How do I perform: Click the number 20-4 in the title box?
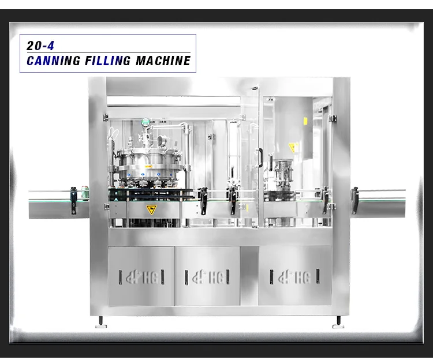(40, 46)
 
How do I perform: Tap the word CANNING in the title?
(54, 61)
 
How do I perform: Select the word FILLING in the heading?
(107, 61)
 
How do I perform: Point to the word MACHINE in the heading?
(163, 61)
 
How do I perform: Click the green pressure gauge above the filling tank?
(145, 121)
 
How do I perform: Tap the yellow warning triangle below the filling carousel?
(151, 209)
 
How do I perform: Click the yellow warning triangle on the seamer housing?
(293, 147)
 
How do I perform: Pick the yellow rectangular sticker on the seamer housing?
(305, 121)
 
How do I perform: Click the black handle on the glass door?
(260, 157)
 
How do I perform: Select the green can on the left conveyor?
(85, 192)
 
